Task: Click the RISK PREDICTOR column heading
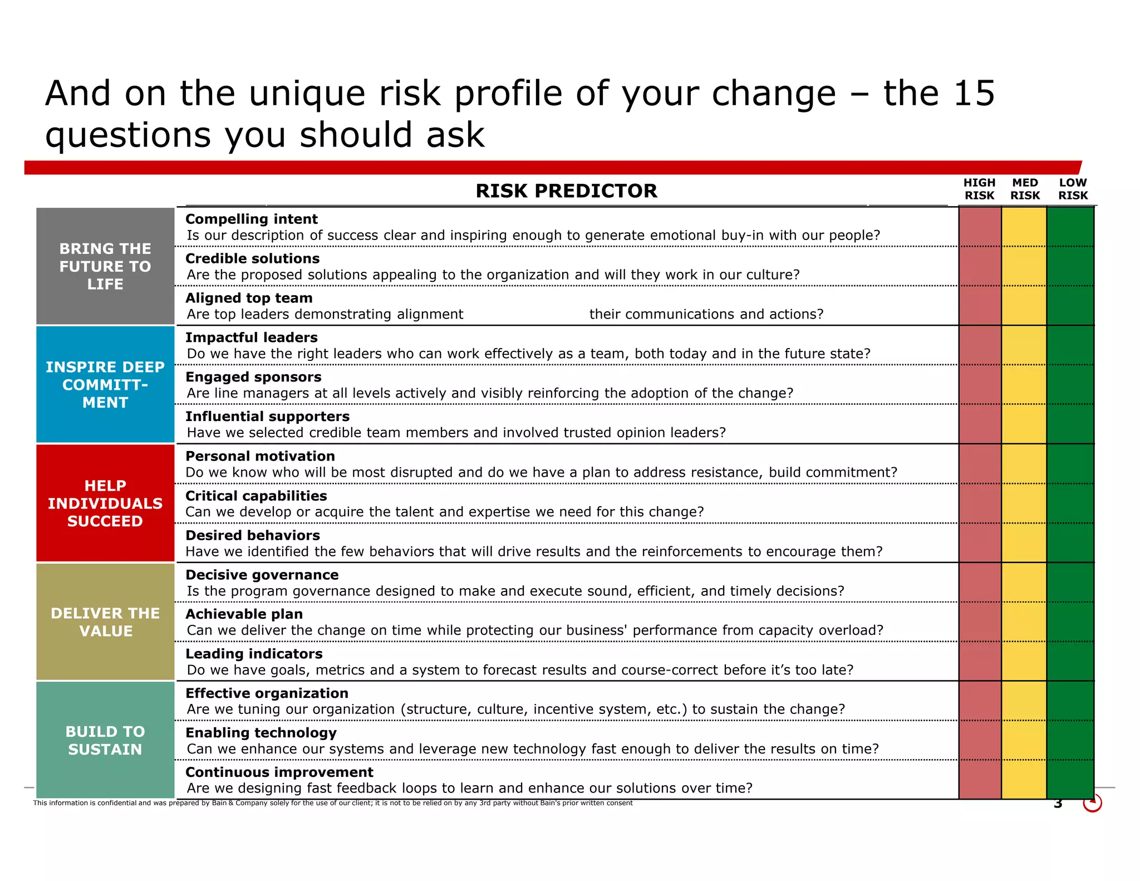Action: pyautogui.click(x=566, y=191)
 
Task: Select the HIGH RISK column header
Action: pyautogui.click(x=979, y=189)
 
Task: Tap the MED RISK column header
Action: pyautogui.click(x=1025, y=189)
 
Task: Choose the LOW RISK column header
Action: pyautogui.click(x=1073, y=189)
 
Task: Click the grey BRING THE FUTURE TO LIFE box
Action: pyautogui.click(x=105, y=266)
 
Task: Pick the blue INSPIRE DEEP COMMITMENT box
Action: pyautogui.click(x=105, y=385)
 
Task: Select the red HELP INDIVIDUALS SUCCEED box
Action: pyautogui.click(x=105, y=503)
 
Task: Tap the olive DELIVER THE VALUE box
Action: pyautogui.click(x=105, y=622)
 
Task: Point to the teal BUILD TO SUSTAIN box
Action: pyautogui.click(x=105, y=740)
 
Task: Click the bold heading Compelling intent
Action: pyautogui.click(x=252, y=219)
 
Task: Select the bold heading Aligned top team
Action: pyautogui.click(x=249, y=298)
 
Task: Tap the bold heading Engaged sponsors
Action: pyautogui.click(x=253, y=378)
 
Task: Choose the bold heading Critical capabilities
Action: pyautogui.click(x=256, y=496)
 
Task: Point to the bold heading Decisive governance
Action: pyautogui.click(x=262, y=575)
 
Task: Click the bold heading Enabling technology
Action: pyautogui.click(x=261, y=733)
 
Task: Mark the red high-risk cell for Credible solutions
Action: pyautogui.click(x=980, y=266)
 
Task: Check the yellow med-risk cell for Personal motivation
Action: pyautogui.click(x=1024, y=464)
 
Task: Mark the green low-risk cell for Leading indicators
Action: pyautogui.click(x=1070, y=661)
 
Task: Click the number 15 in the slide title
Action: pyautogui.click(x=974, y=93)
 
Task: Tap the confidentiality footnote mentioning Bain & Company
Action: pyautogui.click(x=333, y=803)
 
